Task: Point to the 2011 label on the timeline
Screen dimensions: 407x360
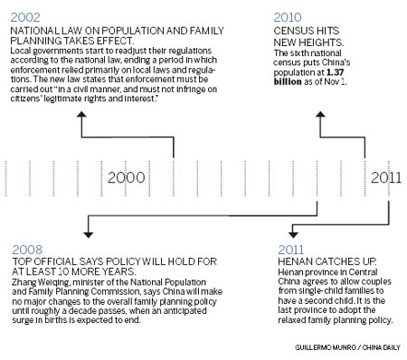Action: pos(387,177)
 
